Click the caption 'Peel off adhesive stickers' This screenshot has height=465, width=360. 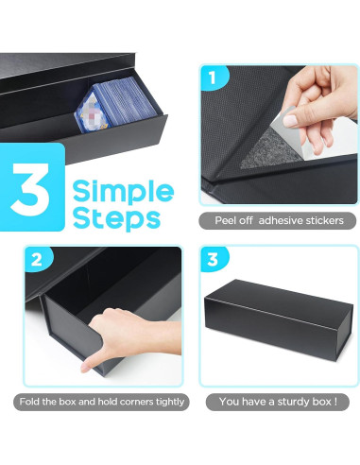[278, 220]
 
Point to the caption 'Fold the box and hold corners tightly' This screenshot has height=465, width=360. [101, 402]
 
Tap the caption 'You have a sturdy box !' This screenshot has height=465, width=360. [278, 402]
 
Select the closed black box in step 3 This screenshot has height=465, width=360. [278, 320]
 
